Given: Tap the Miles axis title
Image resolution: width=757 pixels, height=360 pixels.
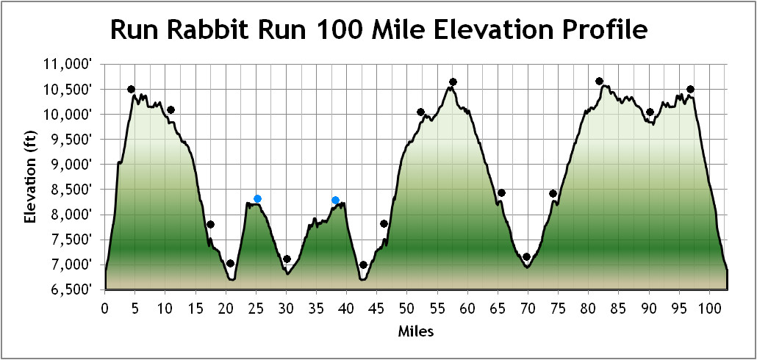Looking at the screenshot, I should [415, 331].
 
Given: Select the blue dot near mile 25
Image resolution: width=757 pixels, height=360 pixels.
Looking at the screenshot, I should [257, 199].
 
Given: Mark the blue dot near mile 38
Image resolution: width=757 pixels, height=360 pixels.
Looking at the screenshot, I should [335, 201].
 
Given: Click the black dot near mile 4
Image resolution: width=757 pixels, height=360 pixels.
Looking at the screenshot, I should [131, 90].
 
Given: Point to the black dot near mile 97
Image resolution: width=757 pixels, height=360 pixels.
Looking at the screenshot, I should [690, 90].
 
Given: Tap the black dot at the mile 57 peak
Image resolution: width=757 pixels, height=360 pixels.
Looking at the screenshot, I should [453, 82].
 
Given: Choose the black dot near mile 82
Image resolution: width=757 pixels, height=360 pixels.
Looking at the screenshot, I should [599, 82].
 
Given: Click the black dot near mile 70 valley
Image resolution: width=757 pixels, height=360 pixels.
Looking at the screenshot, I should [526, 257].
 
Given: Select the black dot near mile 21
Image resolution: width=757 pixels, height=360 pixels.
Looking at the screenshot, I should [230, 263].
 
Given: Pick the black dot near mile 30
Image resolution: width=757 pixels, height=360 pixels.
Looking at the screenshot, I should [287, 259].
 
